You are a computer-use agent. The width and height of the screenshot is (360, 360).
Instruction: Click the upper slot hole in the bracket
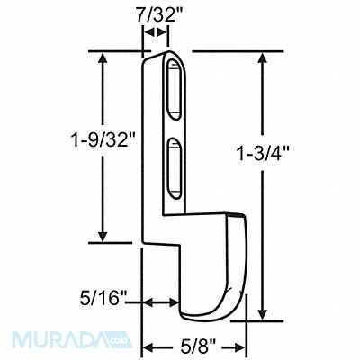pyautogui.click(x=174, y=91)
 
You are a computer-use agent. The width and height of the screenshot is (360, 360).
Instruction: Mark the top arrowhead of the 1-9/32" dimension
pyautogui.click(x=103, y=57)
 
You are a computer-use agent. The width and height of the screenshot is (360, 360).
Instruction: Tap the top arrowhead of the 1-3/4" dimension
pyautogui.click(x=263, y=57)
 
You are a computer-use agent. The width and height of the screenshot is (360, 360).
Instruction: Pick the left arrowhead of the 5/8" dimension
pyautogui.click(x=149, y=345)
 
